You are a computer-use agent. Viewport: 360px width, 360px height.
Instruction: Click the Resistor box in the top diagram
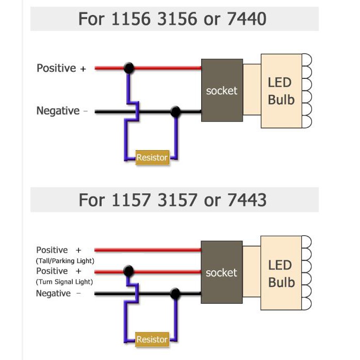click(152, 157)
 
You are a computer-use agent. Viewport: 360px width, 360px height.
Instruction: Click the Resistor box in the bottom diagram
click(152, 339)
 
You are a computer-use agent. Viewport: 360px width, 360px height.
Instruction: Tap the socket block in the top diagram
click(222, 90)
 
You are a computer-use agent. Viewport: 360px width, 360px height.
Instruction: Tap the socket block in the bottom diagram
click(221, 272)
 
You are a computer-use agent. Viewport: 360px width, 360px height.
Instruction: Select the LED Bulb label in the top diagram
click(281, 90)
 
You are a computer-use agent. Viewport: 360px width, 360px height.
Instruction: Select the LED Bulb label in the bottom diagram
click(281, 273)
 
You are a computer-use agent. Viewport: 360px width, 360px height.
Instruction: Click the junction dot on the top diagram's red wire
click(129, 68)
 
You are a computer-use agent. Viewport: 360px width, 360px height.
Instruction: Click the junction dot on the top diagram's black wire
click(175, 111)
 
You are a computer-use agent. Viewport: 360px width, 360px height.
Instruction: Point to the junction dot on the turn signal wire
click(129, 271)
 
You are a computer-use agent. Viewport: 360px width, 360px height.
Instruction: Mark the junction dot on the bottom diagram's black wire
click(175, 293)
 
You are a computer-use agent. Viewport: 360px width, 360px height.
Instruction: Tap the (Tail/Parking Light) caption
click(65, 261)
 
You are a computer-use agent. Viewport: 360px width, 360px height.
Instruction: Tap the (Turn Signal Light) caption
click(64, 282)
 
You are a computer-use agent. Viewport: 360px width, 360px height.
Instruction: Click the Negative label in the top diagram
click(58, 111)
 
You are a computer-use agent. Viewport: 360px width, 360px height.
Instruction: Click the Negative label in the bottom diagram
click(53, 293)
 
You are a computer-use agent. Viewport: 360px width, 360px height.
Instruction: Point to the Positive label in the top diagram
click(57, 68)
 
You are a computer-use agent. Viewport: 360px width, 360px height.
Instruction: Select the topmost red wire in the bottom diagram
click(150, 250)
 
